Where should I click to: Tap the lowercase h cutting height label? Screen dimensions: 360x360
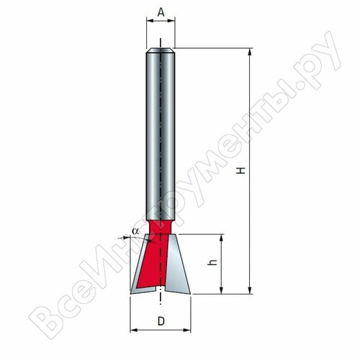click(211, 264)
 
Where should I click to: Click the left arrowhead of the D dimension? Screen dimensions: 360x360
click(133, 330)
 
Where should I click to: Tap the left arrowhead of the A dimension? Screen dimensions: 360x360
click(149, 22)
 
